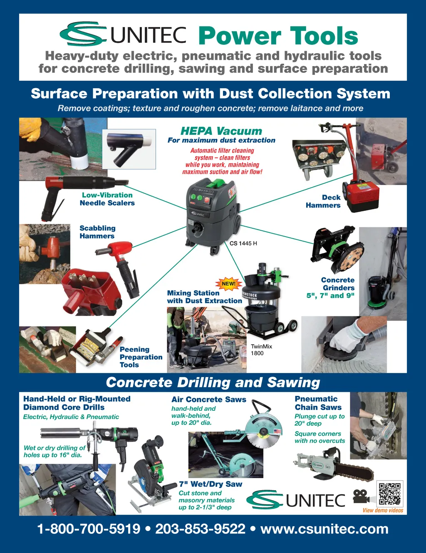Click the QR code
(389, 494)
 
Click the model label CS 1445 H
(243, 244)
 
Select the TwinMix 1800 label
(261, 350)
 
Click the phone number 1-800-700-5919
(89, 529)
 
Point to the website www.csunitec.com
(324, 529)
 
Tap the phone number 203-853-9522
(200, 529)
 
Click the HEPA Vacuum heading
(221, 131)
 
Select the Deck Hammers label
(323, 201)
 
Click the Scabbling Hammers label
(97, 232)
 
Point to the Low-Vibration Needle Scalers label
(107, 199)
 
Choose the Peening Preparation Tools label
(141, 357)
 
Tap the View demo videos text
(383, 510)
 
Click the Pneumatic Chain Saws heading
(318, 403)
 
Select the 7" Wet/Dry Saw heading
(211, 484)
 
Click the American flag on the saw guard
(277, 431)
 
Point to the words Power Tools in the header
(278, 36)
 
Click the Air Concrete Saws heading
(209, 399)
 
